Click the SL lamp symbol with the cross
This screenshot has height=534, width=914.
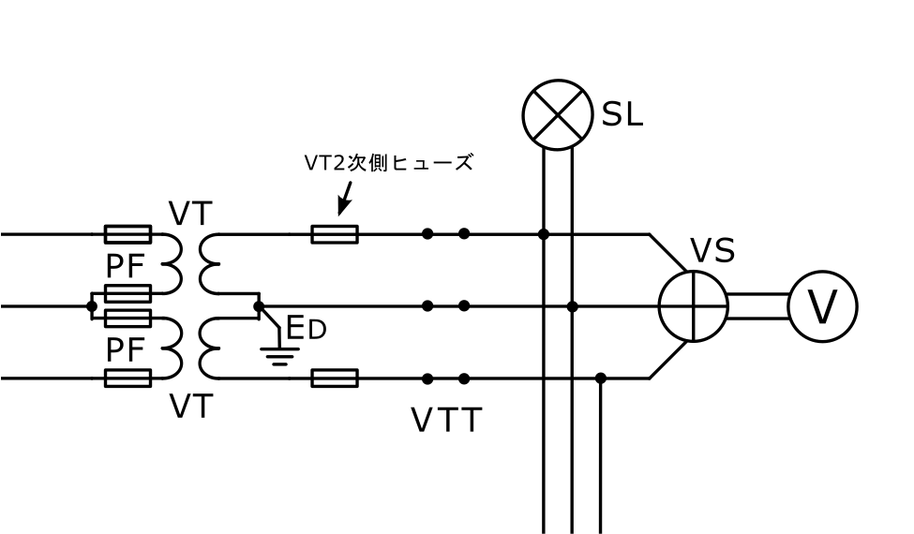(558, 113)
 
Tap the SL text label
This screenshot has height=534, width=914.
(622, 115)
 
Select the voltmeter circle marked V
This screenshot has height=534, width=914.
(822, 306)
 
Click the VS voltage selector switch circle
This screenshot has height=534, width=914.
(693, 306)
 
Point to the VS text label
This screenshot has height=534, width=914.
(712, 251)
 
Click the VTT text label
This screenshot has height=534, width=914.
(446, 421)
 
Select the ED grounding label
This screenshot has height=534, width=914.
(306, 328)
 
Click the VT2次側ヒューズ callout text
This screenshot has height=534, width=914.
(388, 163)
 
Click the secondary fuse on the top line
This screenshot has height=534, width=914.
(334, 234)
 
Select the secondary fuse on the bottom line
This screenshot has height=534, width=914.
(334, 378)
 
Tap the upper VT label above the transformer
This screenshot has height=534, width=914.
(192, 215)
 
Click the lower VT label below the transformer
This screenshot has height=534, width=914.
(192, 407)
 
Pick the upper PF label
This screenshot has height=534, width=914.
(127, 266)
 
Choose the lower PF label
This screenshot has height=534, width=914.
(127, 349)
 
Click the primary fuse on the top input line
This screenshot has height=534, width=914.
(127, 234)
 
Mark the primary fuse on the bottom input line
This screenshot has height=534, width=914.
(127, 378)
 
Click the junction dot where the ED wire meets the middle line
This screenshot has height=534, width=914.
(259, 305)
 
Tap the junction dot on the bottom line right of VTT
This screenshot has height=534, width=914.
(601, 378)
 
